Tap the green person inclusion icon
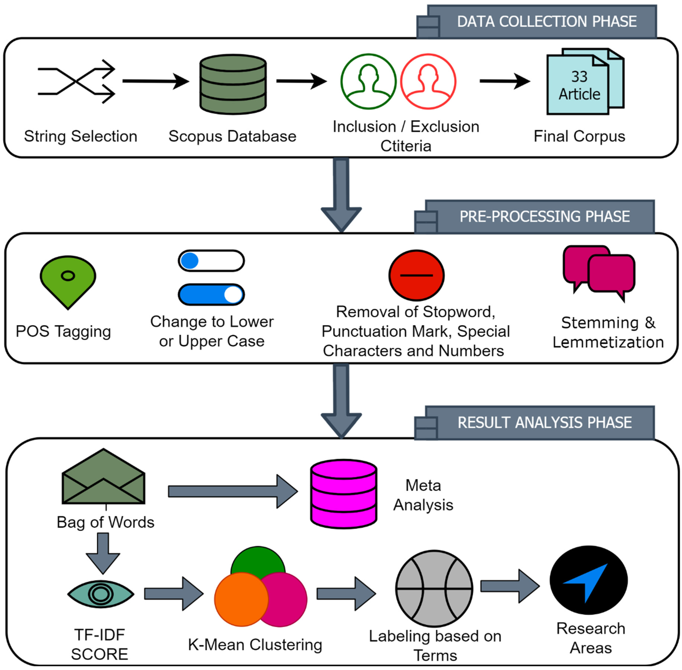(368, 82)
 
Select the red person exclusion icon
(428, 82)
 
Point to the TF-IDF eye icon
(101, 594)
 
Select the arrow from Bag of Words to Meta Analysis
(232, 491)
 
